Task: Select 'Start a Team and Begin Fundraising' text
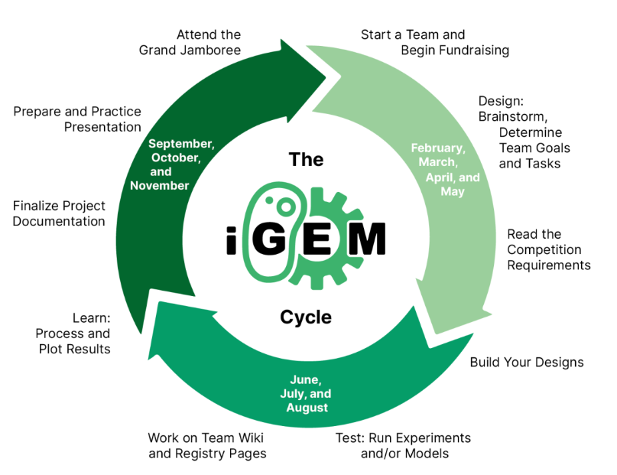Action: [434, 43]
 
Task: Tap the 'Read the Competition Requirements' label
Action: [548, 249]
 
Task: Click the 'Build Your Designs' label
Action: [526, 362]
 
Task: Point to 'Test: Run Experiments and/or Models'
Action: [403, 446]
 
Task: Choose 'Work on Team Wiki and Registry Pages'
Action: [207, 446]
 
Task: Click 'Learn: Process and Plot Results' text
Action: [73, 333]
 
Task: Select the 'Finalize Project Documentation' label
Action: [59, 213]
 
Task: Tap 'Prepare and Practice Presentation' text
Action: [77, 119]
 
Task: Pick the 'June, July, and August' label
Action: [309, 393]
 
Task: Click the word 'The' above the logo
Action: [306, 159]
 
